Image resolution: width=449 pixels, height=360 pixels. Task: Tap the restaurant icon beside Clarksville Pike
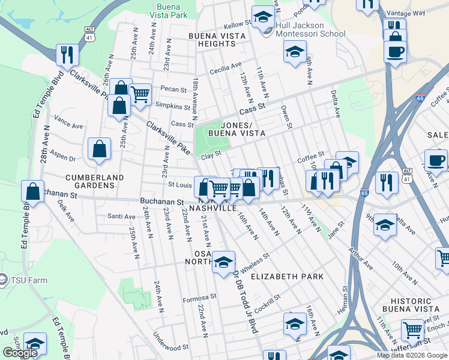[x=67, y=55]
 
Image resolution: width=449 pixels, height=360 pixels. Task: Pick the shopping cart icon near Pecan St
[x=140, y=94]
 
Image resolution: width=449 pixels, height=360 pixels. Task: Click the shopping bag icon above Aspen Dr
[x=99, y=149]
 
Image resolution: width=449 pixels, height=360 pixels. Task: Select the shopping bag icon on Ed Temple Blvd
[x=32, y=192]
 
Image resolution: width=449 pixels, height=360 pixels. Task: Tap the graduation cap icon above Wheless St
[x=224, y=262]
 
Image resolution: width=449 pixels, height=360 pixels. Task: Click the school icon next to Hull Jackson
[x=262, y=17]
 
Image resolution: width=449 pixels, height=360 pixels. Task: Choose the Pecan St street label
[x=175, y=89]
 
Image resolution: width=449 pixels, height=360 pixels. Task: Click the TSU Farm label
[x=23, y=279]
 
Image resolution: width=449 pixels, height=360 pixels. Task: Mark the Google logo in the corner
[x=20, y=353]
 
